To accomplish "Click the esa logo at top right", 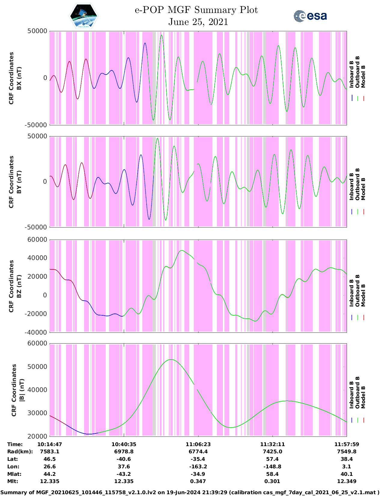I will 310,16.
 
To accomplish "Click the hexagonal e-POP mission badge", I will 84,16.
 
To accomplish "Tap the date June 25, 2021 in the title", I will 198,22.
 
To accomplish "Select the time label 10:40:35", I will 124,444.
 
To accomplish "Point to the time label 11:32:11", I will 272,444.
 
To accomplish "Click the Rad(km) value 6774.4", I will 198,452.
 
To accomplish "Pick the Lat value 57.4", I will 272,459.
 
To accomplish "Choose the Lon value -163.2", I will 198,467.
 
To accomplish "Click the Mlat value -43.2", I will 124,474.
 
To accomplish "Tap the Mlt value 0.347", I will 198,481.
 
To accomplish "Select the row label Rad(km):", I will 20,452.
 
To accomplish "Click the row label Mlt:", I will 13,481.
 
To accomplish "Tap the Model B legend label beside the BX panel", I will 363,76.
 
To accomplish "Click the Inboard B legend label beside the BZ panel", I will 352,293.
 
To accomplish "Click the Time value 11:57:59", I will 347,444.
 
